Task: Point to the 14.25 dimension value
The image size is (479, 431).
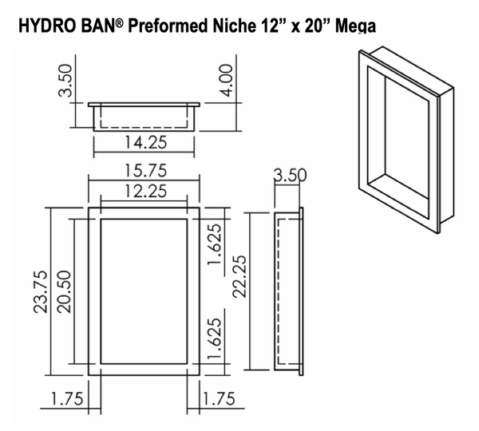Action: [x=144, y=144]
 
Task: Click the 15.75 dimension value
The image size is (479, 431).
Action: [x=144, y=171]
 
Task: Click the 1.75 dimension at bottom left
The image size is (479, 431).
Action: [x=65, y=399]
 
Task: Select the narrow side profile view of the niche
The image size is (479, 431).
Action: [x=288, y=292]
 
